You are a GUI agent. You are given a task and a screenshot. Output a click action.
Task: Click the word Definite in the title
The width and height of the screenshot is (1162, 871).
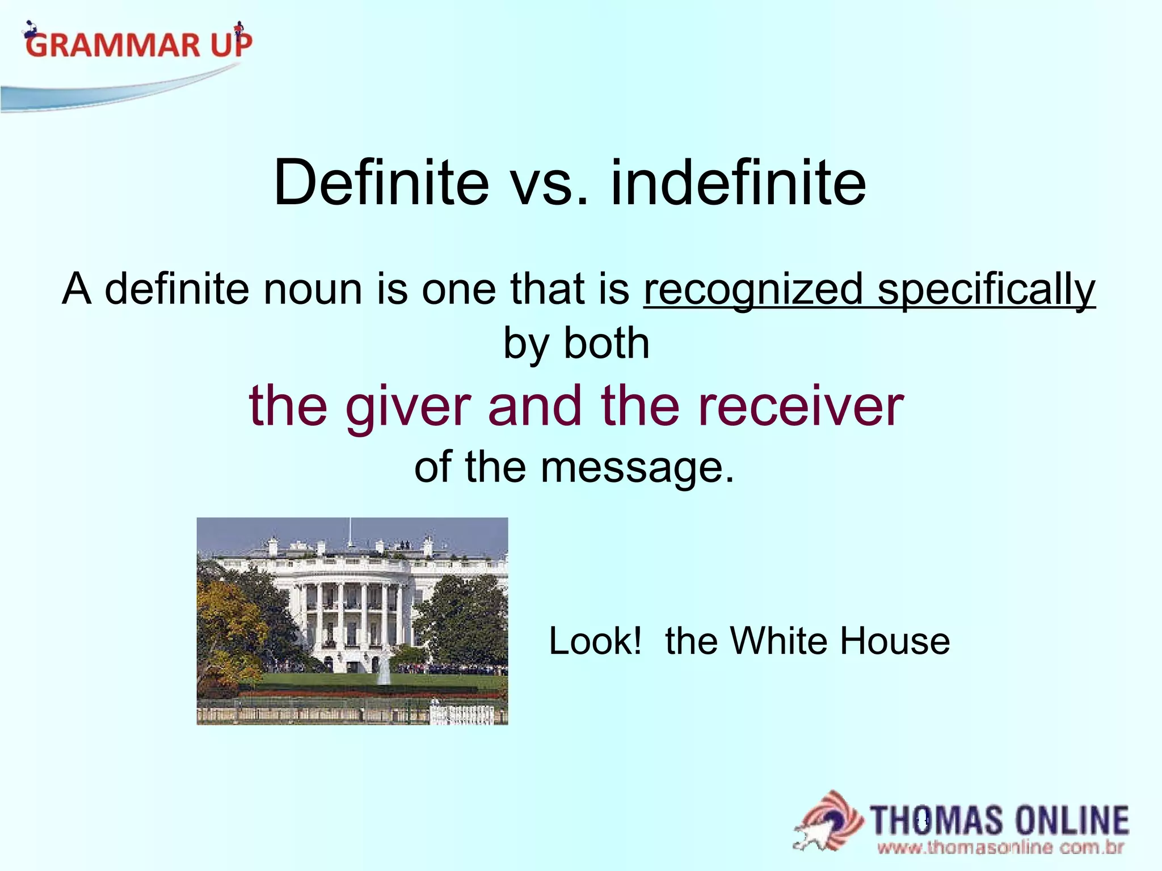point(381,183)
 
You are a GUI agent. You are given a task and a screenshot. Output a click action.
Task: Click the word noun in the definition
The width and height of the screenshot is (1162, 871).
point(312,289)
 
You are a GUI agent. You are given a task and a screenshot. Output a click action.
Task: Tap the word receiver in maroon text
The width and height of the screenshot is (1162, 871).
point(801,407)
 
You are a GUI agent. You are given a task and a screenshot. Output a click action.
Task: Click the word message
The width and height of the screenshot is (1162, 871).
point(632,468)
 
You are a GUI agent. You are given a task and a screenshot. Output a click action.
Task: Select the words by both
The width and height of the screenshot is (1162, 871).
point(576,344)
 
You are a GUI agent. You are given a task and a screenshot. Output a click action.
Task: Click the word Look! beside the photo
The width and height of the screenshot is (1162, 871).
point(595,641)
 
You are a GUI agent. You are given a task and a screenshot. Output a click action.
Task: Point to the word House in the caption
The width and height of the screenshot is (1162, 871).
point(895,641)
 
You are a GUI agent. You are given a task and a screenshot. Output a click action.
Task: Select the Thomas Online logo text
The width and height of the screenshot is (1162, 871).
point(999,821)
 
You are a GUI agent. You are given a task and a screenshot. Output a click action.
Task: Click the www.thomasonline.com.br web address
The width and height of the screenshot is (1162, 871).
point(1000,848)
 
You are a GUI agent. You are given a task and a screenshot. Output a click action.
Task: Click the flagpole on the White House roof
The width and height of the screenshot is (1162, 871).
point(350,533)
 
